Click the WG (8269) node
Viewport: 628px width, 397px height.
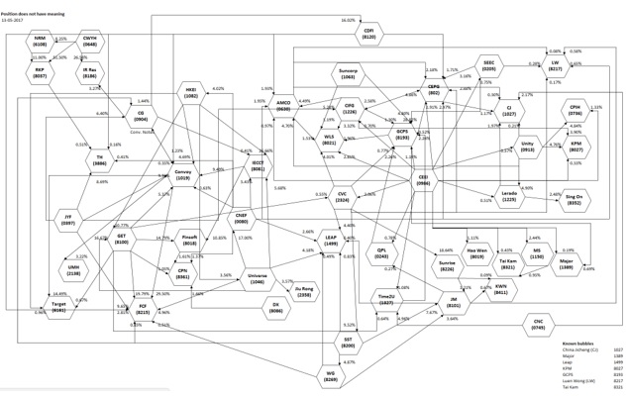[330, 374]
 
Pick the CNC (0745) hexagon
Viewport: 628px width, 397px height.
[539, 325]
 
